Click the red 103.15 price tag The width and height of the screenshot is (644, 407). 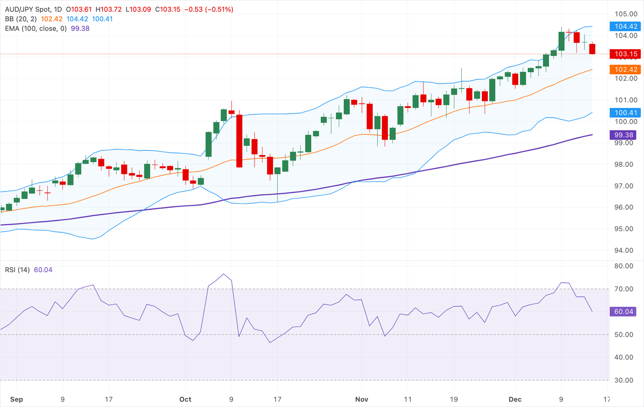[x=625, y=54]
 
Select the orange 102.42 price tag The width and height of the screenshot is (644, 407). [x=625, y=69]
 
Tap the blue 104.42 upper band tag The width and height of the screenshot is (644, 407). [x=625, y=26]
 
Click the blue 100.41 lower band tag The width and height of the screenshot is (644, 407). [x=625, y=113]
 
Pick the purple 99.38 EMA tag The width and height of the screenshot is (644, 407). [x=623, y=135]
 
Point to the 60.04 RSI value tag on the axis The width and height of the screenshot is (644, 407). [x=623, y=312]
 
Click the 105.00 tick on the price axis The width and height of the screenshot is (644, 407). [x=626, y=14]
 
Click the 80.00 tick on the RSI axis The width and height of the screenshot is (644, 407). [x=623, y=266]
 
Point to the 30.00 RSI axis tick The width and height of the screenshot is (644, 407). [x=623, y=380]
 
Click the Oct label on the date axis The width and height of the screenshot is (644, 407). [x=185, y=399]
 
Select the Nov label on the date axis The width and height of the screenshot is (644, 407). [x=361, y=399]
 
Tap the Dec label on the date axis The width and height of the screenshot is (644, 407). [x=515, y=399]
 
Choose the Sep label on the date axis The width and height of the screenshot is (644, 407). [x=16, y=399]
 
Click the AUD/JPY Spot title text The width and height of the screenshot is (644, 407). [x=28, y=9]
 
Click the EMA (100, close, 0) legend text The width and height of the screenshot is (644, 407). [x=36, y=29]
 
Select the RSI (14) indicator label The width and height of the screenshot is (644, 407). [x=17, y=270]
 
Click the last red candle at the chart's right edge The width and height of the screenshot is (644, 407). [x=592, y=49]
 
